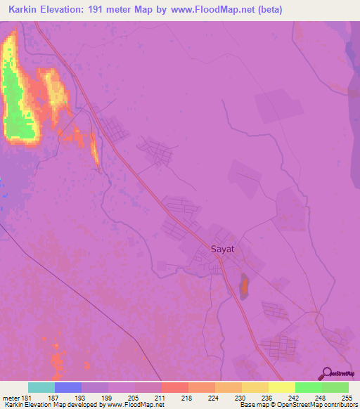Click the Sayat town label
pyautogui.click(x=221, y=249)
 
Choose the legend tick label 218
pyautogui.click(x=186, y=398)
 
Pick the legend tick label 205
pyautogui.click(x=133, y=398)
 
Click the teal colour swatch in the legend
pyautogui.click(x=41, y=387)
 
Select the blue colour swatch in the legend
pyautogui.click(x=68, y=387)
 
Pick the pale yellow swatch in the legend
pyautogui.click(x=281, y=387)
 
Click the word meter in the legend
pyautogui.click(x=10, y=398)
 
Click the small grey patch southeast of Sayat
pyautogui.click(x=244, y=287)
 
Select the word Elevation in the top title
pyautogui.click(x=69, y=10)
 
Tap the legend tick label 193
pyautogui.click(x=80, y=398)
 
